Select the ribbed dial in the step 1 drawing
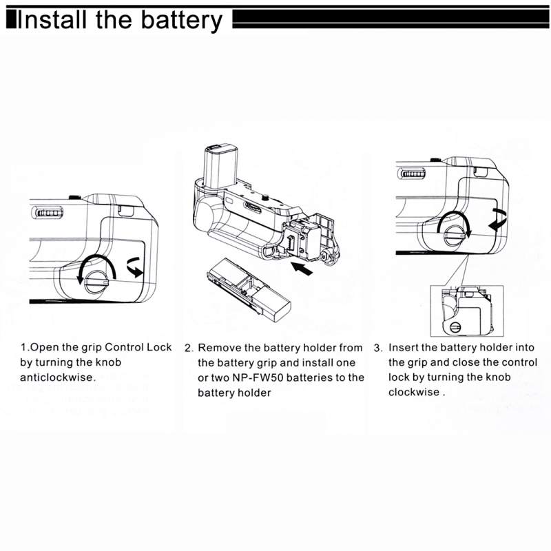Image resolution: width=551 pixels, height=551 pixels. (x=48, y=213)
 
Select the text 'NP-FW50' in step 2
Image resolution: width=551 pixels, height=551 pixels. (x=256, y=378)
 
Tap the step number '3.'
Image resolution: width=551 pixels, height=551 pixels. (x=378, y=348)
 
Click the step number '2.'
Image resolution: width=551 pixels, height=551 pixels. (x=189, y=349)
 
